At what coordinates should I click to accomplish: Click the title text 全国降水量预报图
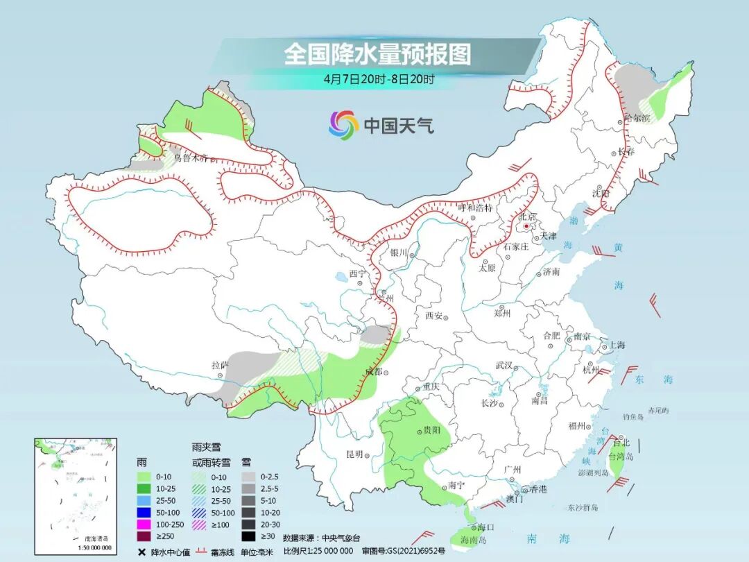click(377, 54)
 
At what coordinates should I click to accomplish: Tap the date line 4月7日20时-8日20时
click(379, 78)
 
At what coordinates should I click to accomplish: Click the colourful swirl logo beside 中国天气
click(343, 125)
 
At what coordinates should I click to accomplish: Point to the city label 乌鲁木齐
click(191, 158)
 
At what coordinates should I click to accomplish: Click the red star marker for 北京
click(527, 226)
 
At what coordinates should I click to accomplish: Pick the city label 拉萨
click(220, 365)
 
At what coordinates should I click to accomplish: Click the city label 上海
click(617, 346)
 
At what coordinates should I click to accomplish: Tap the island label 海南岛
click(474, 539)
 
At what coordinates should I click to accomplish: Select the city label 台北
click(621, 443)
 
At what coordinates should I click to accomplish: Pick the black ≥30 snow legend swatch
click(248, 536)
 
